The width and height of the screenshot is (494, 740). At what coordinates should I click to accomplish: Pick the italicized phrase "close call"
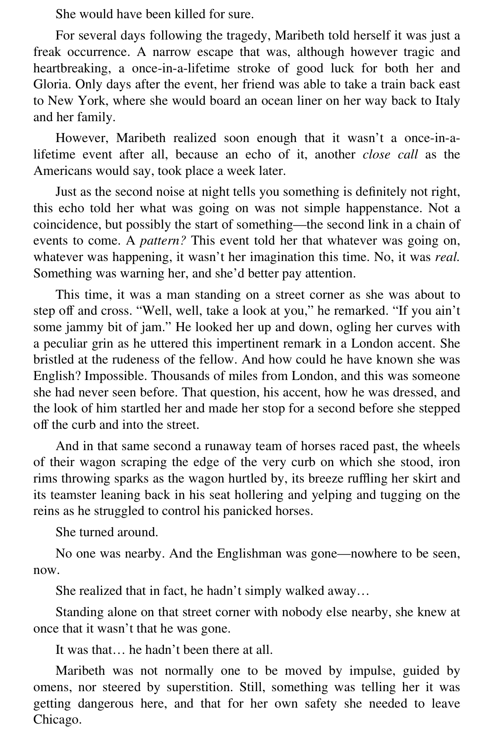pyautogui.click(x=390, y=154)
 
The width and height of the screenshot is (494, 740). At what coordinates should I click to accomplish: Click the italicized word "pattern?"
pyautogui.click(x=163, y=241)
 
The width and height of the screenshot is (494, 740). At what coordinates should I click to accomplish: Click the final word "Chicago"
pyautogui.click(x=57, y=720)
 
